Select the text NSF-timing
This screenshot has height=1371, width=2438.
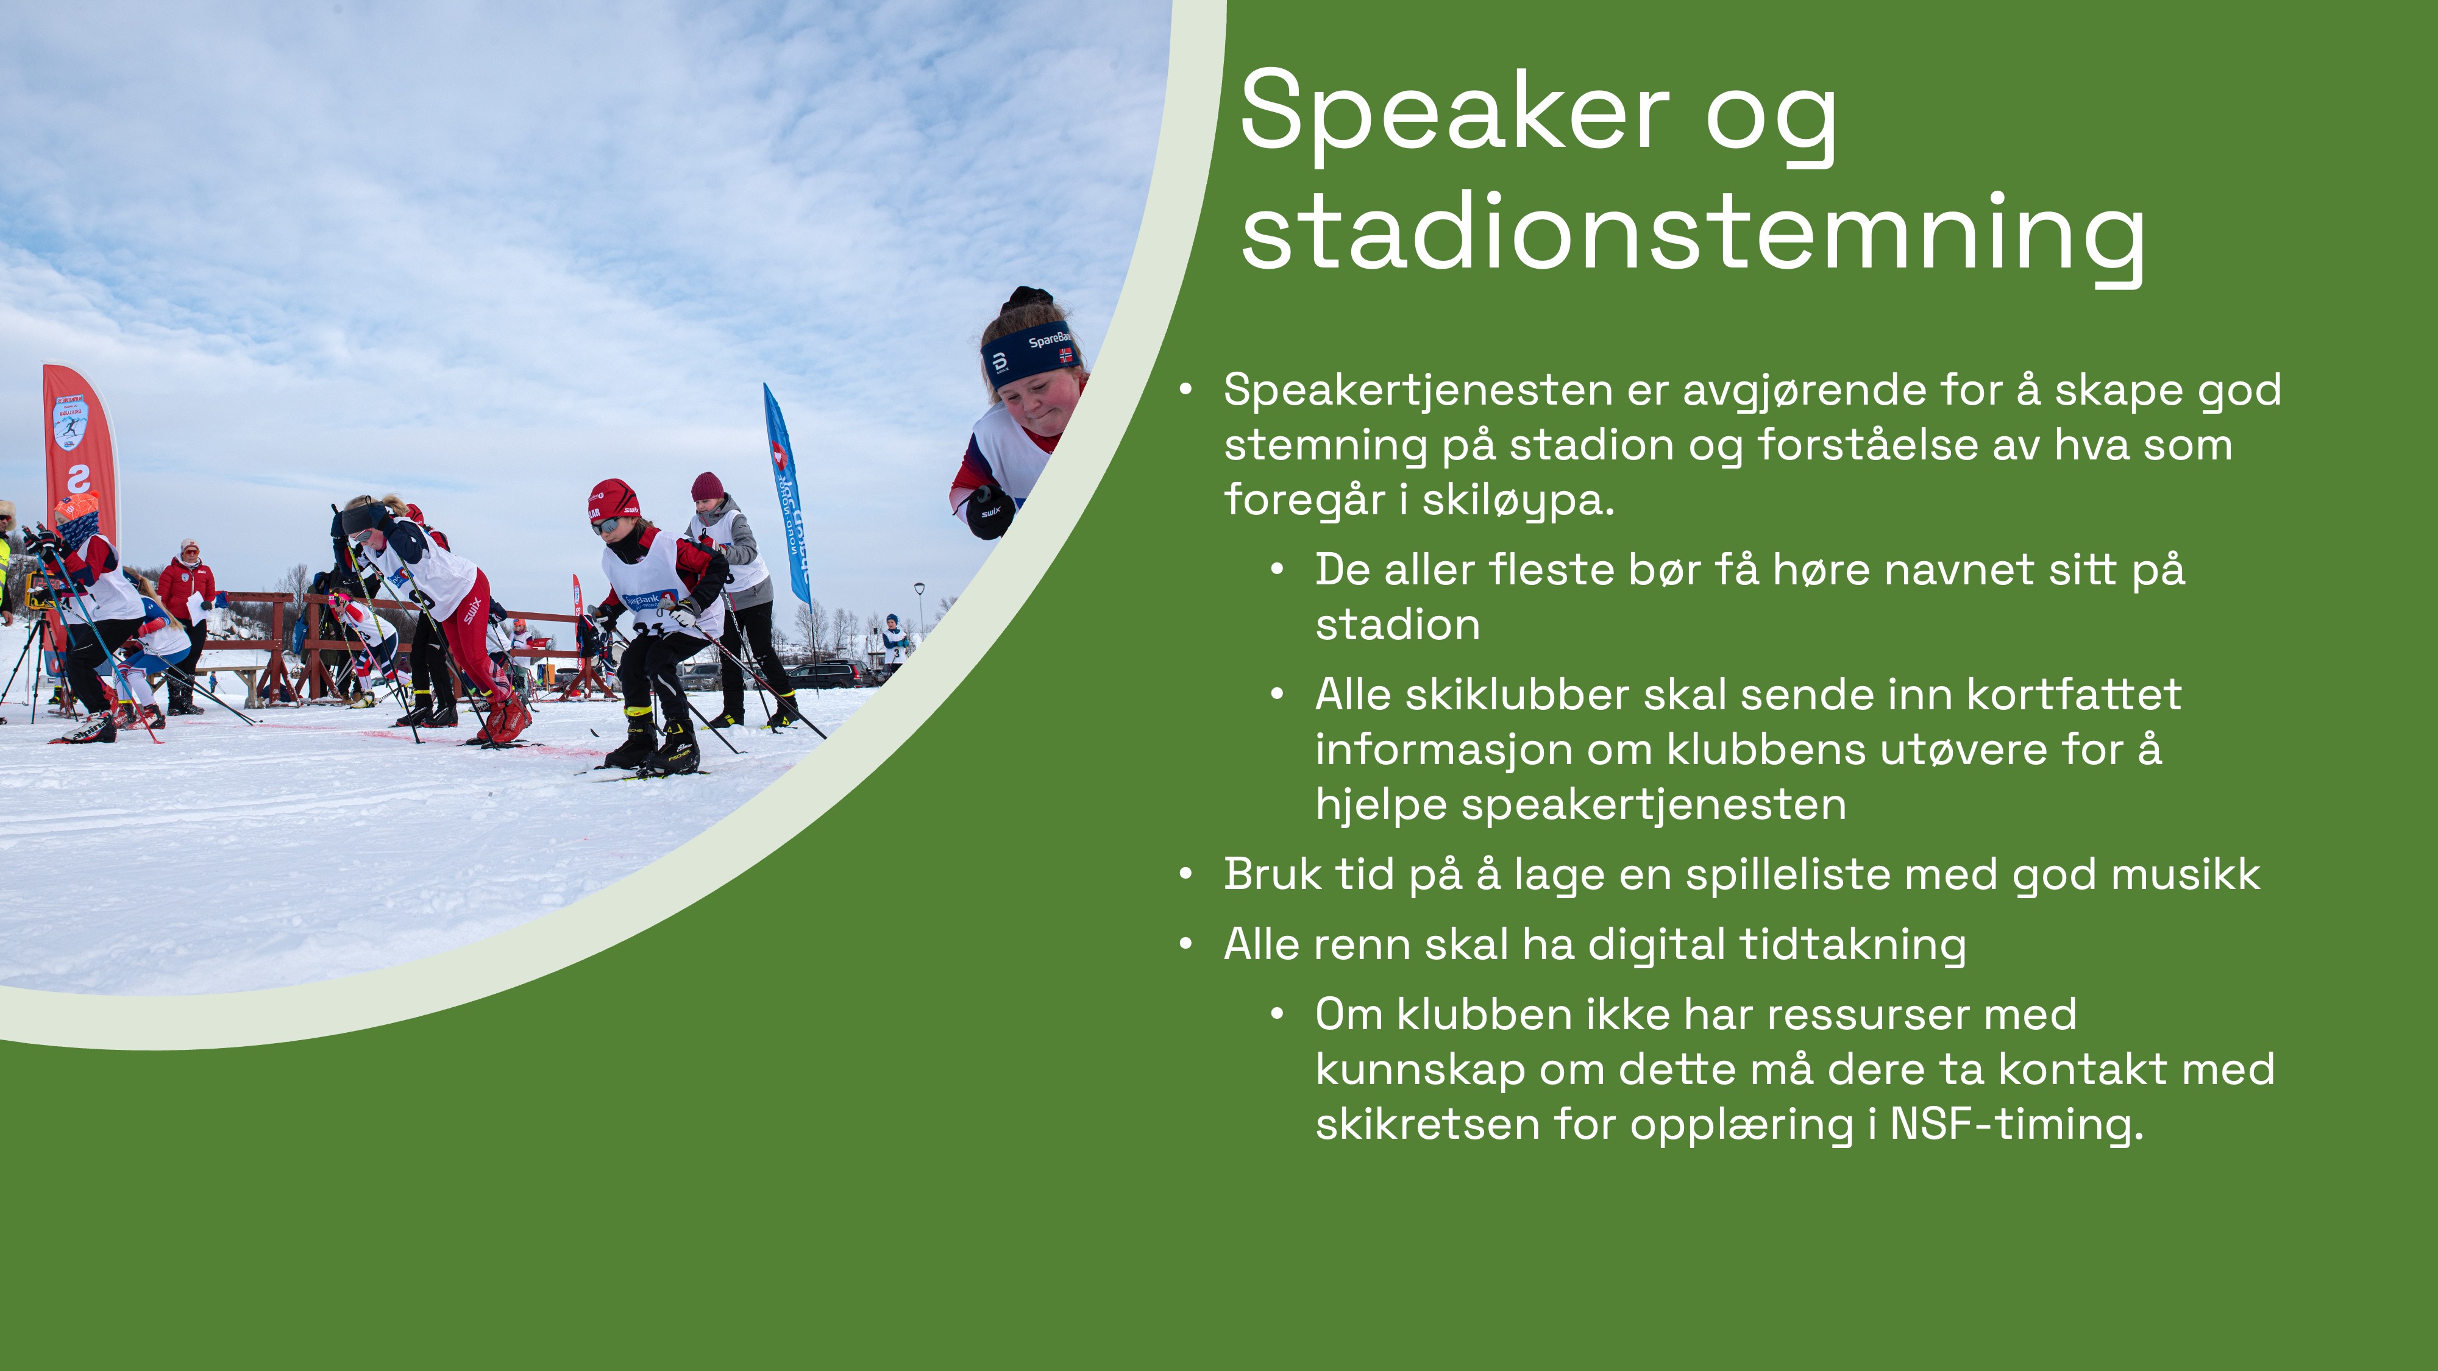click(x=2016, y=1125)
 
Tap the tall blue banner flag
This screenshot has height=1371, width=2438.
click(x=787, y=492)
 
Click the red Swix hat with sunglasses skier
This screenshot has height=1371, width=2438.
click(x=613, y=500)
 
